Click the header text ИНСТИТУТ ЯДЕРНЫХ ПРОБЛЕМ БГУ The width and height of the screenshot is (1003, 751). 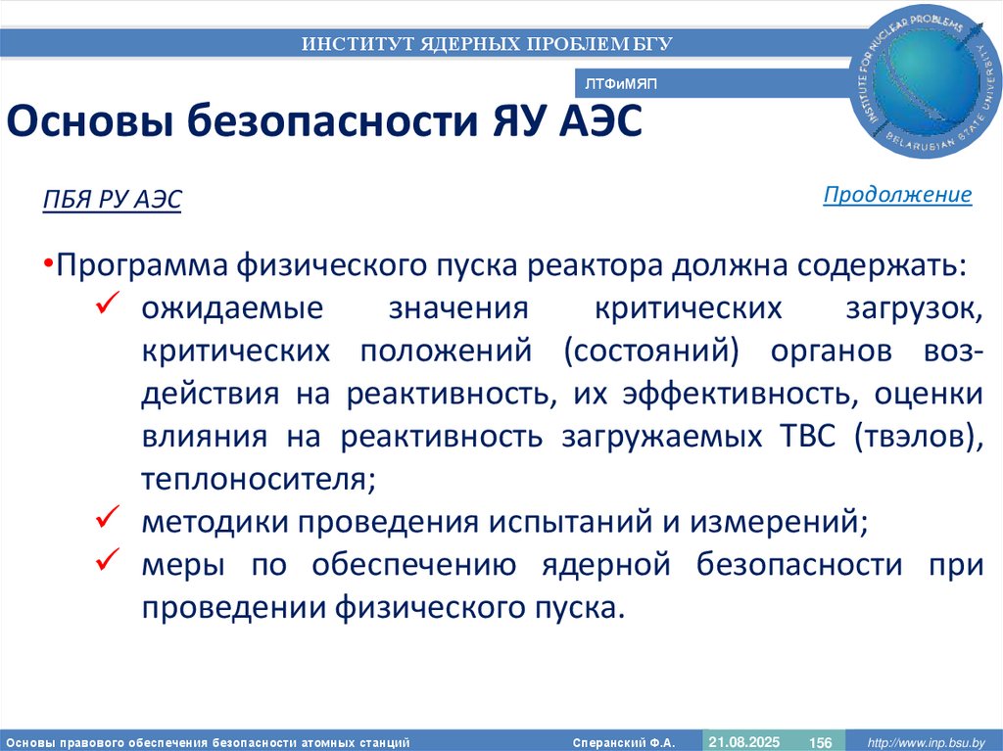487,43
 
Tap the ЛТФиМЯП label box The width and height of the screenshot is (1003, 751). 619,85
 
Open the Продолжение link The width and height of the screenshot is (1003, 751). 897,194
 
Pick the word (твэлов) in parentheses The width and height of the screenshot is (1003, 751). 918,437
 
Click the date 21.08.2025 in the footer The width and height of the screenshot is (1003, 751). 743,742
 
